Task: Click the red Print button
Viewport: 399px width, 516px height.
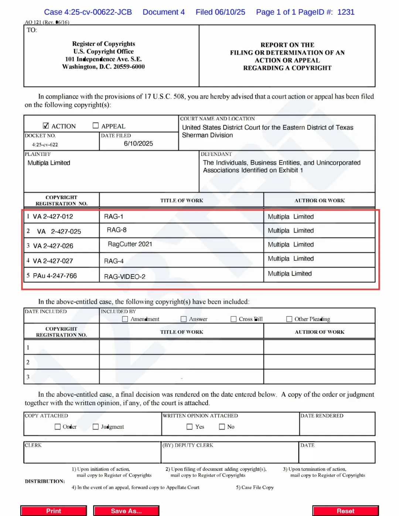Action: tap(54, 511)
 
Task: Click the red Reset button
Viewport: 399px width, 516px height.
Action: tap(345, 511)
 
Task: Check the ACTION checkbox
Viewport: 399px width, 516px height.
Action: tap(46, 126)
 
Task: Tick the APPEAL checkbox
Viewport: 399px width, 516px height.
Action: tap(96, 126)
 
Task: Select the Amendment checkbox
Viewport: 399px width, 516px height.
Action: tap(125, 319)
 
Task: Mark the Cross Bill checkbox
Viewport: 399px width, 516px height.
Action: tap(233, 319)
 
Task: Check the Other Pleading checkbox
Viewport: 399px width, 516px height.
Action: tap(289, 319)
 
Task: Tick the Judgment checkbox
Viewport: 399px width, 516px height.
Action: tap(96, 427)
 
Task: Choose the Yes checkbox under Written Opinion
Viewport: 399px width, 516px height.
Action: tap(190, 427)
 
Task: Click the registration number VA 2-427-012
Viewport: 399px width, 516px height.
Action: tap(53, 216)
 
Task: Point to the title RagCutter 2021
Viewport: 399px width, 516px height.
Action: tap(130, 244)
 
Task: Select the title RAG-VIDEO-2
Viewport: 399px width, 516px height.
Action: tap(125, 277)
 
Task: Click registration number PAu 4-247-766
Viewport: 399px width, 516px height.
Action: tap(55, 276)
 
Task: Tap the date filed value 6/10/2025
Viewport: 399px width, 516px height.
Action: tap(138, 144)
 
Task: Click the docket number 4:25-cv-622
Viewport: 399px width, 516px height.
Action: tap(45, 145)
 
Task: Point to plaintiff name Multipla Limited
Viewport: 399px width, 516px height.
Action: tap(49, 163)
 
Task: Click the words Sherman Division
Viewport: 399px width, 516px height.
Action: tap(207, 135)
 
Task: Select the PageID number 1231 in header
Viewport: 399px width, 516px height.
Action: tap(346, 12)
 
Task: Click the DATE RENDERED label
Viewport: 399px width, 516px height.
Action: tap(322, 416)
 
